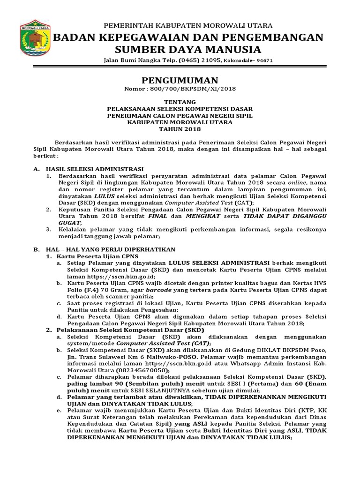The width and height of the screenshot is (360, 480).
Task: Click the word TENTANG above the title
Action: pos(180,102)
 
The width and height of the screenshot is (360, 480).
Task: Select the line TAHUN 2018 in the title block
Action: pos(180,129)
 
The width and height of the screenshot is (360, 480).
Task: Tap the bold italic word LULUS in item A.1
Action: pos(105,195)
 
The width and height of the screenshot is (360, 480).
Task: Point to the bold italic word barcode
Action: pos(159,290)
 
